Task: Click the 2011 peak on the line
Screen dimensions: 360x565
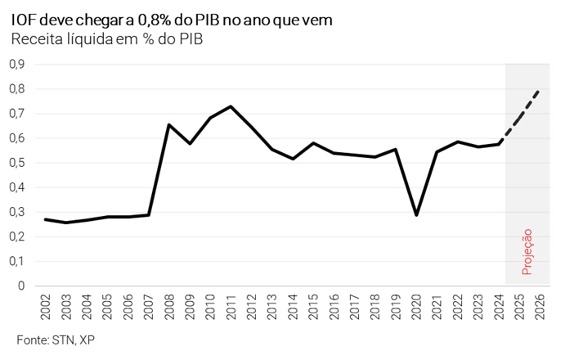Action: pyautogui.click(x=231, y=106)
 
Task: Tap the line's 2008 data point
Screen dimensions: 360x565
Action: pyautogui.click(x=168, y=124)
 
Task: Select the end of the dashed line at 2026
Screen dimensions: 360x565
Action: pyautogui.click(x=540, y=90)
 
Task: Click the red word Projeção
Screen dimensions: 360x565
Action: pyautogui.click(x=527, y=251)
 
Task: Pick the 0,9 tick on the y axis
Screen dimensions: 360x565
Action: pyautogui.click(x=17, y=64)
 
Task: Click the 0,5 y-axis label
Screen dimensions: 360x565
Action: pyautogui.click(x=17, y=163)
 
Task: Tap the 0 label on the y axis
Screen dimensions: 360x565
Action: pyautogui.click(x=21, y=286)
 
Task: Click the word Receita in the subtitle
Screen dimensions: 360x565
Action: pyautogui.click(x=34, y=39)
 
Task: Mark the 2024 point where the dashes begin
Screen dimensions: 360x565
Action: pyautogui.click(x=499, y=144)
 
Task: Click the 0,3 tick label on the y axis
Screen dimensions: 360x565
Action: pyautogui.click(x=17, y=212)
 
